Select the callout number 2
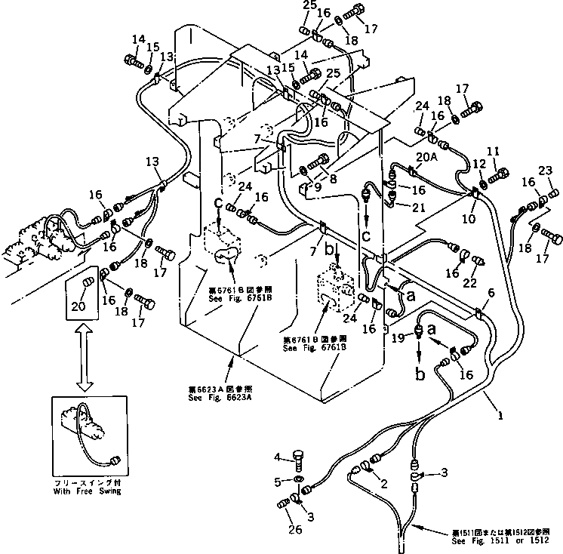(x=384, y=484)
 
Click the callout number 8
(x=491, y=293)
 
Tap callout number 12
(x=469, y=218)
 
